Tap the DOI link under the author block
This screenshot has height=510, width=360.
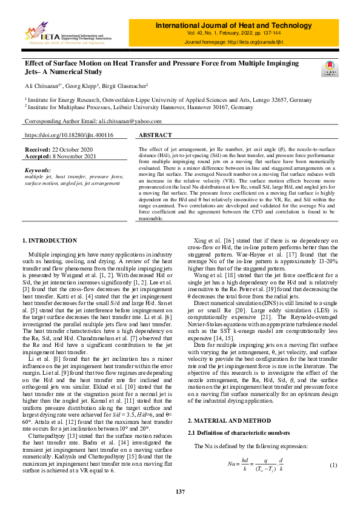68,135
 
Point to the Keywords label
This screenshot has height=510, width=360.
38,170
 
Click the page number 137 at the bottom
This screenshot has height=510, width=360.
180,491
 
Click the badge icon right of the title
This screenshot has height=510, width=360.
329,69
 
